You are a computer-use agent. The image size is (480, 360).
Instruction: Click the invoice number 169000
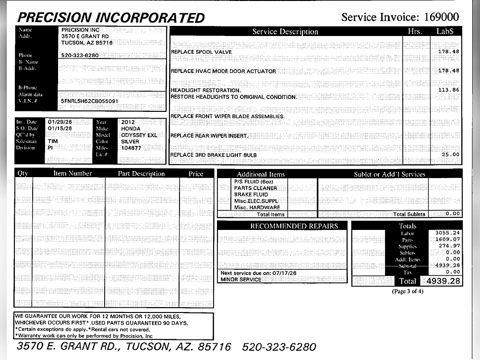point(441,17)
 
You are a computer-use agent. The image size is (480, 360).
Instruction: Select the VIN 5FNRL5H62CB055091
point(89,102)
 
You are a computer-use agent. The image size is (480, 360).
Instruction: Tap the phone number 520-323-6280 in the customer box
point(80,55)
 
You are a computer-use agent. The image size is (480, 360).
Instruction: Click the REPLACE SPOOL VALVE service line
point(202,52)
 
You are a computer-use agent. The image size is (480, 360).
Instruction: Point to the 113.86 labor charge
point(448,90)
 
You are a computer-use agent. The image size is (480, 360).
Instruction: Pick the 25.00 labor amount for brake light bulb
point(450,155)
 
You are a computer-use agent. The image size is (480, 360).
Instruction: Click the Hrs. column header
point(414,32)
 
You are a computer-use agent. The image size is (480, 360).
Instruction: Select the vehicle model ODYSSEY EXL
point(139,135)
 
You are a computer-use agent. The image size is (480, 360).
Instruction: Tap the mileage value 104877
point(131,148)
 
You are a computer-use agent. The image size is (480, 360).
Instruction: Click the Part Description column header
point(141,174)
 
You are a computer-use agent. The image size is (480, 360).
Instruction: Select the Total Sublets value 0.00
point(452,214)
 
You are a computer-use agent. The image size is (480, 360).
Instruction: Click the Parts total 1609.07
point(447,239)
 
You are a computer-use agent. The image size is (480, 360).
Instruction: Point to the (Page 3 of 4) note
point(408,291)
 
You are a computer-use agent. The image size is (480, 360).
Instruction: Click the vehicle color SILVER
point(130,142)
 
